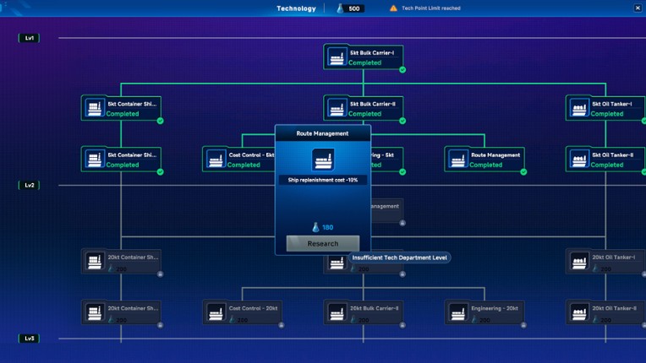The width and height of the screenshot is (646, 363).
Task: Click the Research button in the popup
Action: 322,243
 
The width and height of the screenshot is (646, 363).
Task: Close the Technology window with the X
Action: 638,8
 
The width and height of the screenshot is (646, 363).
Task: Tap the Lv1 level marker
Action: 29,38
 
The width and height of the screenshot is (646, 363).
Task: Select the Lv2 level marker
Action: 29,185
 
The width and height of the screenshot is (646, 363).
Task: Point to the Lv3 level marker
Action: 29,338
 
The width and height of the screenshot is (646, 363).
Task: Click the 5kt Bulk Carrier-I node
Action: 364,57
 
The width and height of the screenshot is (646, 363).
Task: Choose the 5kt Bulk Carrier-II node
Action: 364,108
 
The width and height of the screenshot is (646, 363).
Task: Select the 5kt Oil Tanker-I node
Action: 605,108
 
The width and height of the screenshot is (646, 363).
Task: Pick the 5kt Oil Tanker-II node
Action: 605,160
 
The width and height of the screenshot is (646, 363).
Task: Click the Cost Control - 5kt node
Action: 240,160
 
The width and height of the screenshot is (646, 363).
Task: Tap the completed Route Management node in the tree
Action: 484,160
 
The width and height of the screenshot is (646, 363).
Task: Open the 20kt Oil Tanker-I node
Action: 605,262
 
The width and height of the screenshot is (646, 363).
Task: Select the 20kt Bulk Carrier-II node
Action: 364,312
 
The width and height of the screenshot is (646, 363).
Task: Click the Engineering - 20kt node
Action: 484,312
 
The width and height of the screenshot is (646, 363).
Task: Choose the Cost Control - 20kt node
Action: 242,312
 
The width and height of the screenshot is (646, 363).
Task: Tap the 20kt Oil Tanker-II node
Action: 605,312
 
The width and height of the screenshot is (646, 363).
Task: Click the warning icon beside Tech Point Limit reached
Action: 393,8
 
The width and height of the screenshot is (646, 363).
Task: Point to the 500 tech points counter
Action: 351,8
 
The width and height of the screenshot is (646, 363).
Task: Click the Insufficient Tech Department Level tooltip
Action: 399,257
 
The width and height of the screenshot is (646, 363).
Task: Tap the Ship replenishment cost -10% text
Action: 322,180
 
